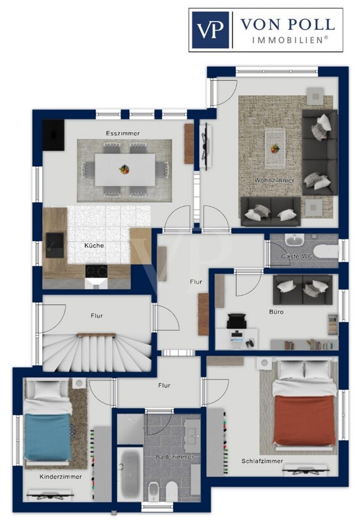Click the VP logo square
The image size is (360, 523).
coord(210,30)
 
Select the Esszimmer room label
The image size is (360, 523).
coord(122,134)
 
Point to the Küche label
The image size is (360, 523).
coord(94,245)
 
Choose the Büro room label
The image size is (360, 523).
coord(276,312)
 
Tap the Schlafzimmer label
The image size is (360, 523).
coord(262,461)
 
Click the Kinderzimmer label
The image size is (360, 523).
coord(61,477)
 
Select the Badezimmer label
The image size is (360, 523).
coord(175,457)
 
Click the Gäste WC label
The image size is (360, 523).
coord(297,257)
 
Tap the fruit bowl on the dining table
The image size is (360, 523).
coord(124,169)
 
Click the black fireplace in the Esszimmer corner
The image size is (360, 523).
coord(53,135)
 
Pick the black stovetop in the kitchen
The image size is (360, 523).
coord(96,271)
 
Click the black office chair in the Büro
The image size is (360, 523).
coord(236,321)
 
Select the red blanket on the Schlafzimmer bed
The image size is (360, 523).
coord(304,420)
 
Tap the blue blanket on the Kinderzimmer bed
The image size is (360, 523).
coord(48,437)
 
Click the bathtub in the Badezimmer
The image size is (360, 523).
coord(130,474)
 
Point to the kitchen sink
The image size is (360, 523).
coord(54,245)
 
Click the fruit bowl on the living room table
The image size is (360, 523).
coord(275,148)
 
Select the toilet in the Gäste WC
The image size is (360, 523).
coord(326,251)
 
